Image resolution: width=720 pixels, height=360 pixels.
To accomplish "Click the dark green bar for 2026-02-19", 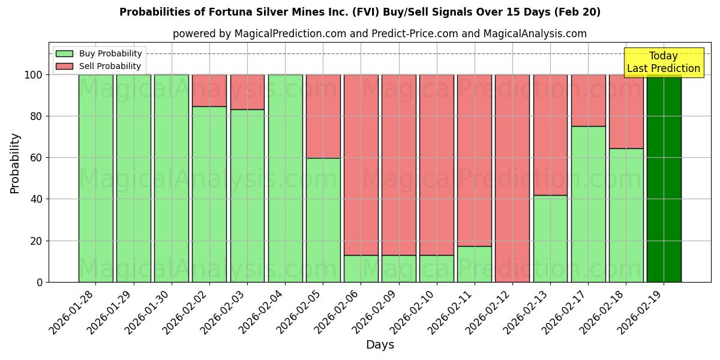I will click(x=664, y=178).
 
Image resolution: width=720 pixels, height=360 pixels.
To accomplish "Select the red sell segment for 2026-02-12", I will click(x=512, y=178).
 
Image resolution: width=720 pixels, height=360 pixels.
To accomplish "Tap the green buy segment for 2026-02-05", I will click(x=323, y=220).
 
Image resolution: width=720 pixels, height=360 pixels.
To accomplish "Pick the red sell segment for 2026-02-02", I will click(x=209, y=90).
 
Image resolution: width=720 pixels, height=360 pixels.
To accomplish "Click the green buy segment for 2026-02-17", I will click(x=588, y=204).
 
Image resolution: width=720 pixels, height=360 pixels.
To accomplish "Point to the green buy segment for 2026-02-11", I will click(x=474, y=264).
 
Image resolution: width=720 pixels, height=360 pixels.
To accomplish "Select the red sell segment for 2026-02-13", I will click(x=550, y=134).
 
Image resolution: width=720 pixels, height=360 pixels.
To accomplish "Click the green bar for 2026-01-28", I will click(x=95, y=178).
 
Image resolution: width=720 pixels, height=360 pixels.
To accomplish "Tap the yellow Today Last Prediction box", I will click(x=663, y=62).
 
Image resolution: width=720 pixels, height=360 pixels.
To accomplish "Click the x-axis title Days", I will click(x=380, y=345).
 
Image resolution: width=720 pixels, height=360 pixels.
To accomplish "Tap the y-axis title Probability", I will click(x=15, y=163).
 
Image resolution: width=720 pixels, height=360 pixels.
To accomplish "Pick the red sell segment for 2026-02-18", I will click(x=626, y=111).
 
